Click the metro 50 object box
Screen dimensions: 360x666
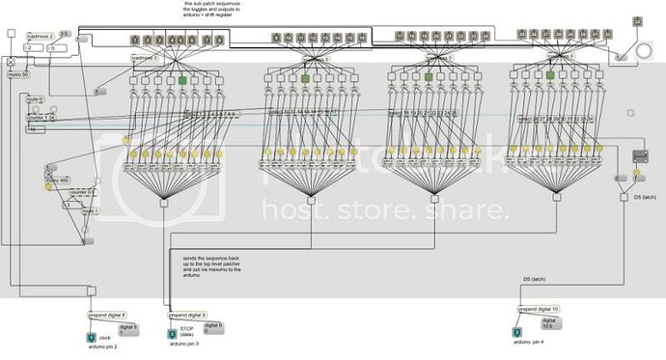coord(19,74)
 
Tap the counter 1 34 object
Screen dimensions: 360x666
coord(40,118)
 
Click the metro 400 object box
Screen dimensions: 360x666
coord(57,180)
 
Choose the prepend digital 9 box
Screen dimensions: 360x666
coord(187,316)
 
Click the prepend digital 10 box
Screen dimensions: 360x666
coord(539,309)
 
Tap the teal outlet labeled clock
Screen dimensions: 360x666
coord(91,337)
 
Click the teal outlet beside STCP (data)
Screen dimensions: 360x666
coord(173,334)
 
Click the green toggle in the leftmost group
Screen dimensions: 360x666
coord(180,81)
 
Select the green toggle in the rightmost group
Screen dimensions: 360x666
coord(550,75)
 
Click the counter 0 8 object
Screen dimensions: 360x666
coord(80,192)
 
